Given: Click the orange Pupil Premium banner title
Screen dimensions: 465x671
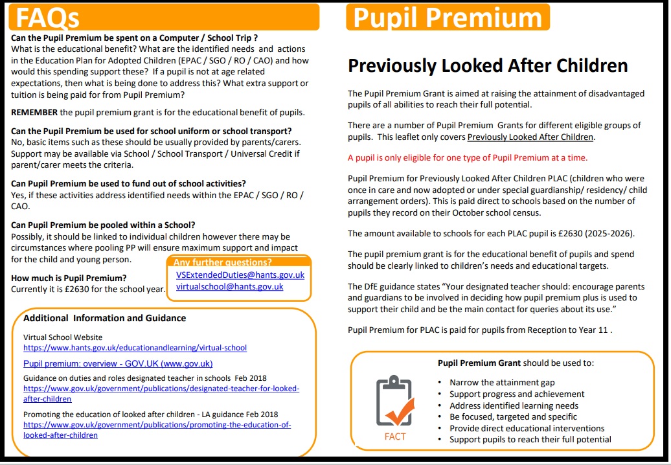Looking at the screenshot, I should point(448,17).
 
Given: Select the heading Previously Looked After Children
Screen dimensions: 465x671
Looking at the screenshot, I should point(488,65).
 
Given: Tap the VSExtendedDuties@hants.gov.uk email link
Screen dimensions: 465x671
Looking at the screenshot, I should point(240,275).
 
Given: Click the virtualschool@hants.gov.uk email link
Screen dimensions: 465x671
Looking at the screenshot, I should point(229,286).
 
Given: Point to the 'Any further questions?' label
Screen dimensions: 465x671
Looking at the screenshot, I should point(222,262).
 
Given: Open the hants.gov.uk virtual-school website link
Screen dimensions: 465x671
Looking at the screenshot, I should point(135,348).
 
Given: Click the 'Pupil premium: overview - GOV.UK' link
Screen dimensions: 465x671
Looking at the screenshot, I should point(118,363).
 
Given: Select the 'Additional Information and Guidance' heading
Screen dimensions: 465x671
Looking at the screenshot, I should point(104,318).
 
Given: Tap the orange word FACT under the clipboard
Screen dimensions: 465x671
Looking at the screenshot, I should point(395,437).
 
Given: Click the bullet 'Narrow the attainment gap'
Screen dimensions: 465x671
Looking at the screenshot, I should point(502,383).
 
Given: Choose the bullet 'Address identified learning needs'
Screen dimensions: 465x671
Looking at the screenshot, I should point(514,405).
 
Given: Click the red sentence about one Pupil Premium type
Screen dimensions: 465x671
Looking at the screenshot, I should point(468,157).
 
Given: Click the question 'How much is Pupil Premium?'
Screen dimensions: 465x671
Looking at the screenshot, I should point(68,278).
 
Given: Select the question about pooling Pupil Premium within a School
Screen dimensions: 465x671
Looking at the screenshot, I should point(103,225).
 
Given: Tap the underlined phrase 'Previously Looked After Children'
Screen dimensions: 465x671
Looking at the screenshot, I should point(530,137).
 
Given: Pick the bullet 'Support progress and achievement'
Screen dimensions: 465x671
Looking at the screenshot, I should point(517,394).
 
